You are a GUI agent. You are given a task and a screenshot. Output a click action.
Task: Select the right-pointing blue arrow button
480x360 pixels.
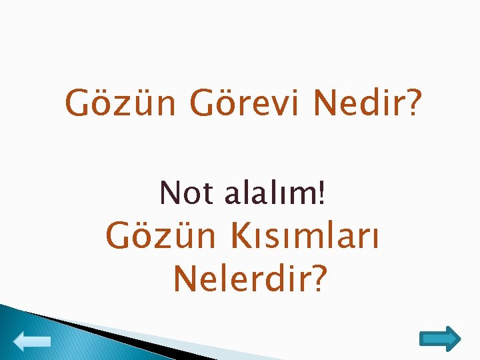click(440, 339)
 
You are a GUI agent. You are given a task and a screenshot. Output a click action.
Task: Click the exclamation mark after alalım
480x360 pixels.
click(323, 193)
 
